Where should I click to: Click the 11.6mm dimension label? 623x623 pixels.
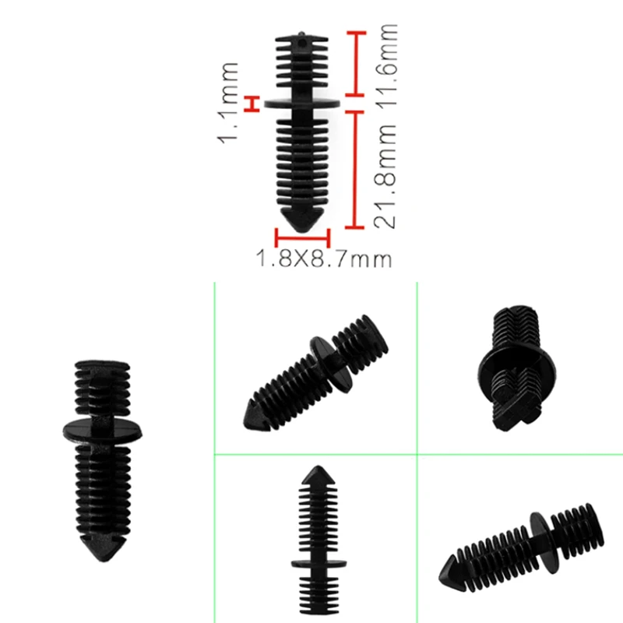click(387, 65)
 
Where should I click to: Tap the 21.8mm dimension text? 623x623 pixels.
click(385, 176)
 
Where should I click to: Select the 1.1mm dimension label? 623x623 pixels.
click(228, 103)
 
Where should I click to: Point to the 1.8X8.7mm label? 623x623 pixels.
click(324, 259)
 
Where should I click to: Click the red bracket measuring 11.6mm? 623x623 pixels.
click(355, 64)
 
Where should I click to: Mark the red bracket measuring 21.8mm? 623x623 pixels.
click(354, 170)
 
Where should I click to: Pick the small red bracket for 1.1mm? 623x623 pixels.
click(252, 104)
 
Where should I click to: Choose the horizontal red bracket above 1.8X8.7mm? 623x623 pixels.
click(302, 238)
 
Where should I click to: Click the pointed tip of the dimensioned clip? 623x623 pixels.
click(302, 231)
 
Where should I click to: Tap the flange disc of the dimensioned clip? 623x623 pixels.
click(302, 104)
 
